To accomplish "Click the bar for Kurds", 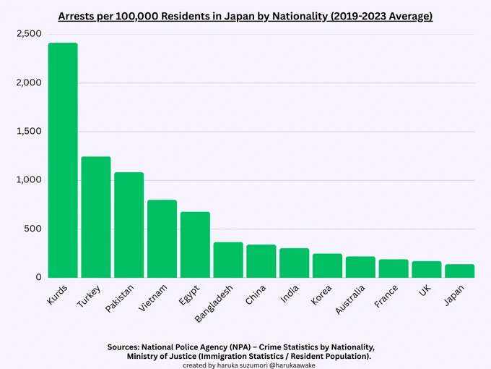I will point(63,160).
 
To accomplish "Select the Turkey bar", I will point(96,217).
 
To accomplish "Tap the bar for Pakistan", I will point(129,225).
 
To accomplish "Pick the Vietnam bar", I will point(162,239).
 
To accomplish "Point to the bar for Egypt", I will point(195,245).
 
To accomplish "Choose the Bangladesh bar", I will point(228,260).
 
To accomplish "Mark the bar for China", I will point(261,261).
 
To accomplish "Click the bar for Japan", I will point(459,271).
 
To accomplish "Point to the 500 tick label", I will point(33,229).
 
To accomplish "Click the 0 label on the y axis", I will point(38,277).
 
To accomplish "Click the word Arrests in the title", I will point(78,16).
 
